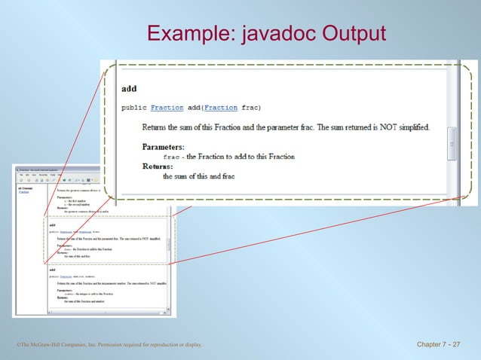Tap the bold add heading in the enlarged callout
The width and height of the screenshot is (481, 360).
(129, 89)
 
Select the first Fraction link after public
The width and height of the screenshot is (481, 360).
(167, 108)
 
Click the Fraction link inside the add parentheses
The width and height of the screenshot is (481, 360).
(221, 108)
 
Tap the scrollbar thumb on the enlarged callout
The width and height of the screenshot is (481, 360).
(452, 142)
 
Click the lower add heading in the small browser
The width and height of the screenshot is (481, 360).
(51, 269)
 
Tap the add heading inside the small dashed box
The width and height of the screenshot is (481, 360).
(51, 224)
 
